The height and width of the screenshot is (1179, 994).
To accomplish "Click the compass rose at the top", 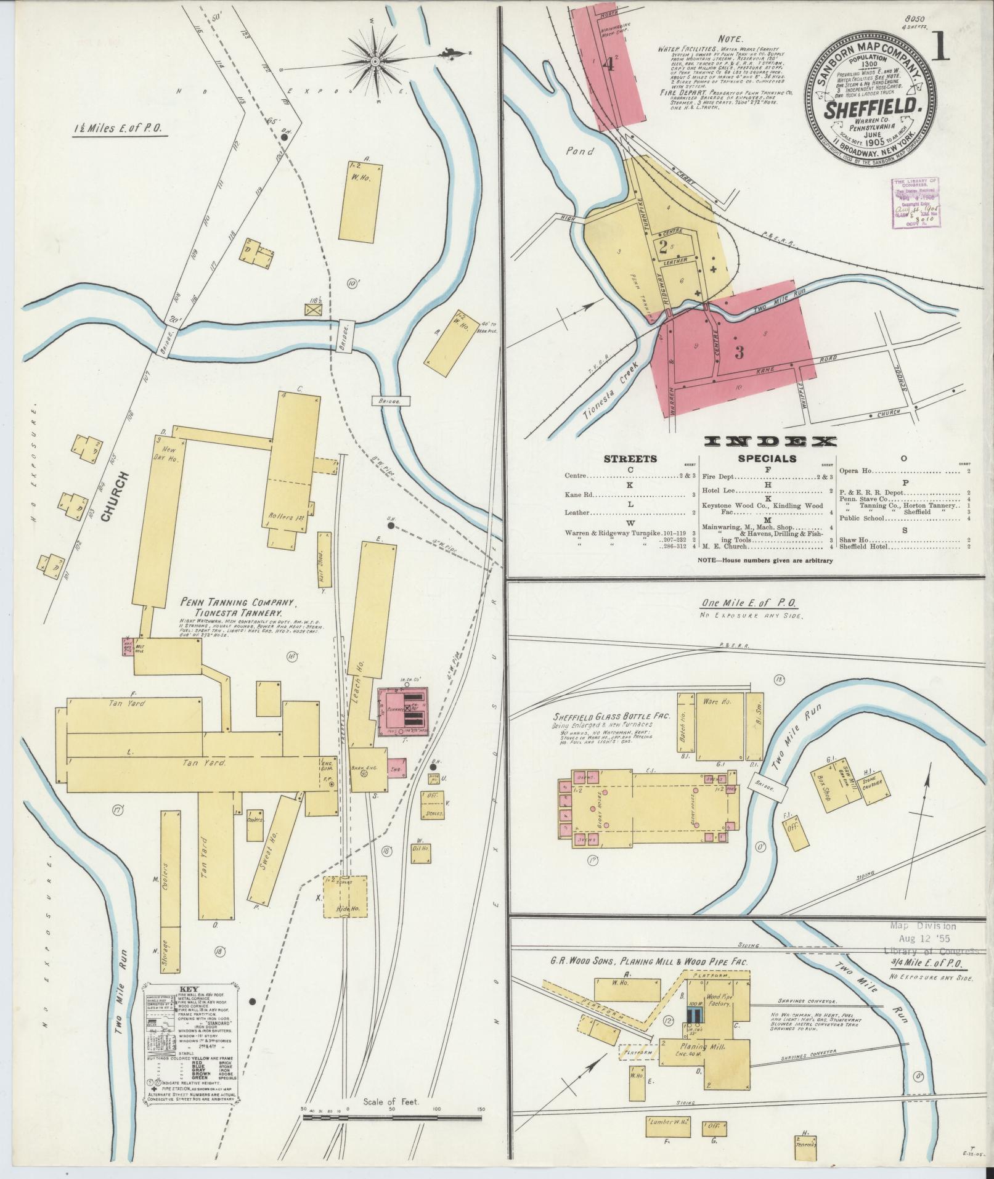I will coord(375,61).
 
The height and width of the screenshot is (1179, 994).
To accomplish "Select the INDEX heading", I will coord(770,441).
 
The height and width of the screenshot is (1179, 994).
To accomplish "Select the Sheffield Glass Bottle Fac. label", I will coord(601,717).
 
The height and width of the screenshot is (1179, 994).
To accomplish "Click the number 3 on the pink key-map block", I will coord(739,353).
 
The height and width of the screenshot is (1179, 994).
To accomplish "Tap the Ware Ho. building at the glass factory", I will coord(719,722).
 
